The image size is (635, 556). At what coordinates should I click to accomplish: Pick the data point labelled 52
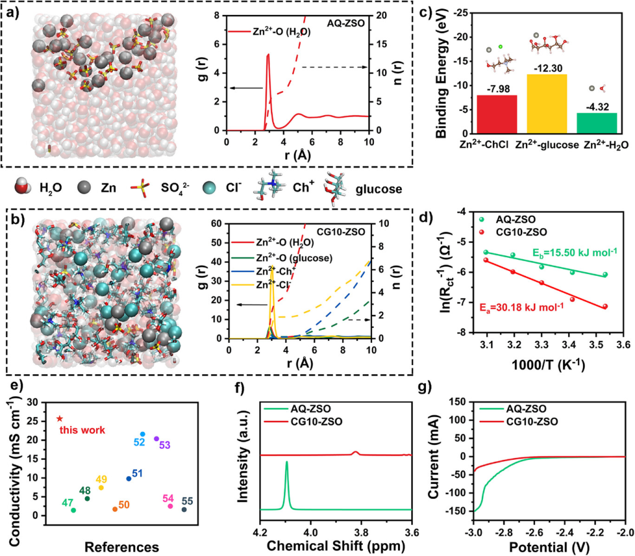click(x=142, y=435)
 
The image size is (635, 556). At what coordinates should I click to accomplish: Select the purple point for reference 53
click(x=156, y=439)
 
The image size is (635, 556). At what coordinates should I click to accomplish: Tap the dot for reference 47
click(x=73, y=510)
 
